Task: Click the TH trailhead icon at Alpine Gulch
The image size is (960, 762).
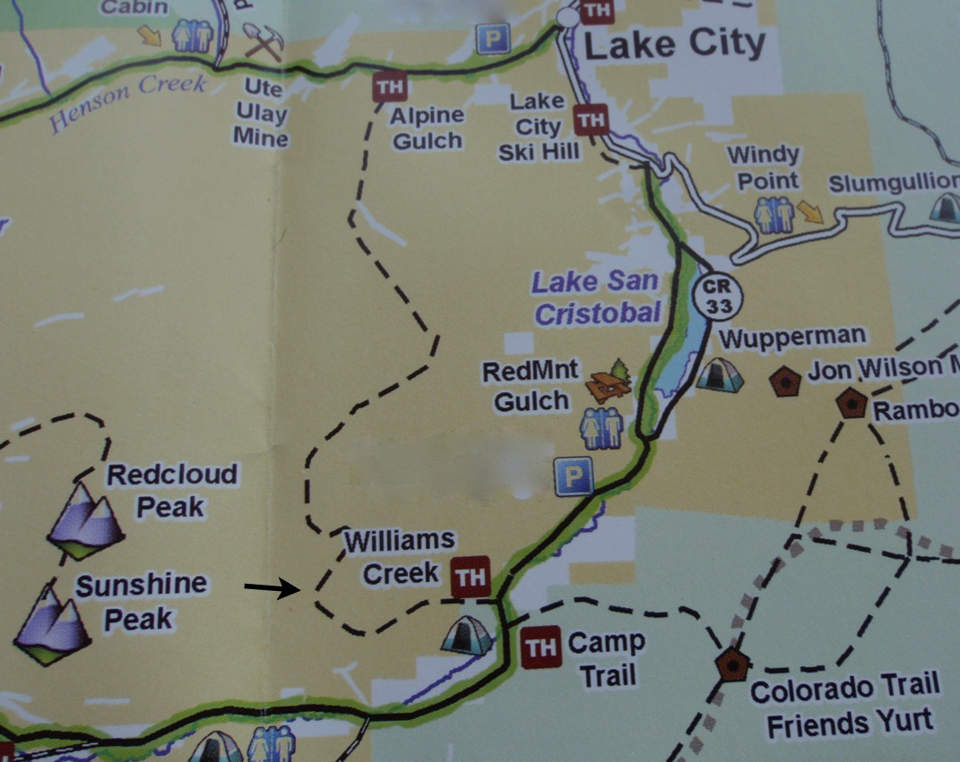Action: point(389,87)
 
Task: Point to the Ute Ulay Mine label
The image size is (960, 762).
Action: point(261,114)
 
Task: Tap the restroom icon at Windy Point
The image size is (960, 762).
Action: point(774,215)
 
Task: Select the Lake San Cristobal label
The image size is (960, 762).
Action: point(596,296)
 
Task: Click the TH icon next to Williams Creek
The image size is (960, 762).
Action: point(470,576)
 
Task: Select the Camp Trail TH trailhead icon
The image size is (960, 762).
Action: point(541,646)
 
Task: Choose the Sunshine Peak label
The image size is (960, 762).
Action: point(140,601)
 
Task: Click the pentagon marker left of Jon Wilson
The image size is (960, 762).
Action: point(785,381)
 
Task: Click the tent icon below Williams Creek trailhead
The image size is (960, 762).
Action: point(467,635)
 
